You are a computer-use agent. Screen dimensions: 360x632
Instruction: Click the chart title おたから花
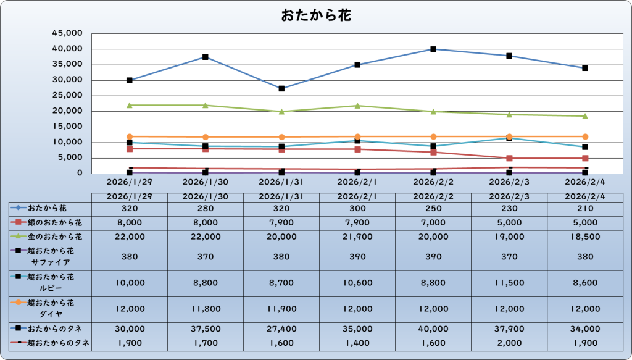(x=316, y=15)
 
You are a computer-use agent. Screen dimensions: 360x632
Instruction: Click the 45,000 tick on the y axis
(x=69, y=33)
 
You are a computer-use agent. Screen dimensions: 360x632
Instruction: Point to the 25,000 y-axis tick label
(x=69, y=96)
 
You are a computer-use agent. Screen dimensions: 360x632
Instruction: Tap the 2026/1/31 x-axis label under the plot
(x=281, y=182)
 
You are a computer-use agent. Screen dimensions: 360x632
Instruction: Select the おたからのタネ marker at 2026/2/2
(x=433, y=49)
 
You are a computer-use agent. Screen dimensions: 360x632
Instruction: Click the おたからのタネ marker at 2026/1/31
(x=281, y=88)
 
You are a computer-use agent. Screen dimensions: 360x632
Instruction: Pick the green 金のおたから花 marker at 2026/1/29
(x=130, y=106)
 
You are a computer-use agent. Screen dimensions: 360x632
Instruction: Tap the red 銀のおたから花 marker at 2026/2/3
(x=509, y=158)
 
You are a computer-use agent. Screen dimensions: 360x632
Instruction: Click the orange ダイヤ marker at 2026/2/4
(x=585, y=136)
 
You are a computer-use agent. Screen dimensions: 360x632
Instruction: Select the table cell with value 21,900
(x=357, y=237)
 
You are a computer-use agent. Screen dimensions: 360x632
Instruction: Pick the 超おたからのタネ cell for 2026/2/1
(x=357, y=343)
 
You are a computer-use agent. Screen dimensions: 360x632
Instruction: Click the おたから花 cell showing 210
(x=585, y=208)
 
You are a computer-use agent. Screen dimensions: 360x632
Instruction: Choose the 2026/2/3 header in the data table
(x=509, y=196)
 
